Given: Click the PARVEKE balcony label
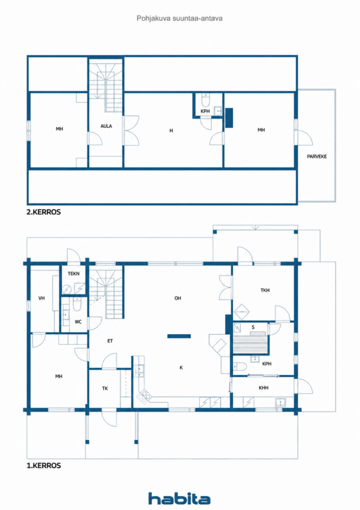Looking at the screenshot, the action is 317,156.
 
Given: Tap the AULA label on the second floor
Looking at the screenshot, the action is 106,126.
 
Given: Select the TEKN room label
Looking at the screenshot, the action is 74,273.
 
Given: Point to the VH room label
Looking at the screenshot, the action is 41,298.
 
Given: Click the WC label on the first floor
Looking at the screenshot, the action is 78,322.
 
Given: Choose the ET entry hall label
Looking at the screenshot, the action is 110,341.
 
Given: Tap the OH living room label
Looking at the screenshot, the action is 178,298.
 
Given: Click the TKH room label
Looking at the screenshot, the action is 265,290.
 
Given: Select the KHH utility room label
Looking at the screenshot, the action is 263,387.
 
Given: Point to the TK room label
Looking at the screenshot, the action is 105,388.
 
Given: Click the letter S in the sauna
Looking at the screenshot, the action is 253,327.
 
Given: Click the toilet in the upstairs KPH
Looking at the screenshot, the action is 205,100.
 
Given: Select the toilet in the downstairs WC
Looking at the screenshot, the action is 77,304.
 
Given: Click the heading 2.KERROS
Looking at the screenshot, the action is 44,212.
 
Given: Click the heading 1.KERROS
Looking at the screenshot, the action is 44,466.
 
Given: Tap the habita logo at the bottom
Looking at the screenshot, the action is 179,498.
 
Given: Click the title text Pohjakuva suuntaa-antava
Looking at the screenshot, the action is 180,18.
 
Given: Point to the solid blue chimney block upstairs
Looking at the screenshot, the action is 229,118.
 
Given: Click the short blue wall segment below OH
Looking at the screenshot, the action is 179,336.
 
